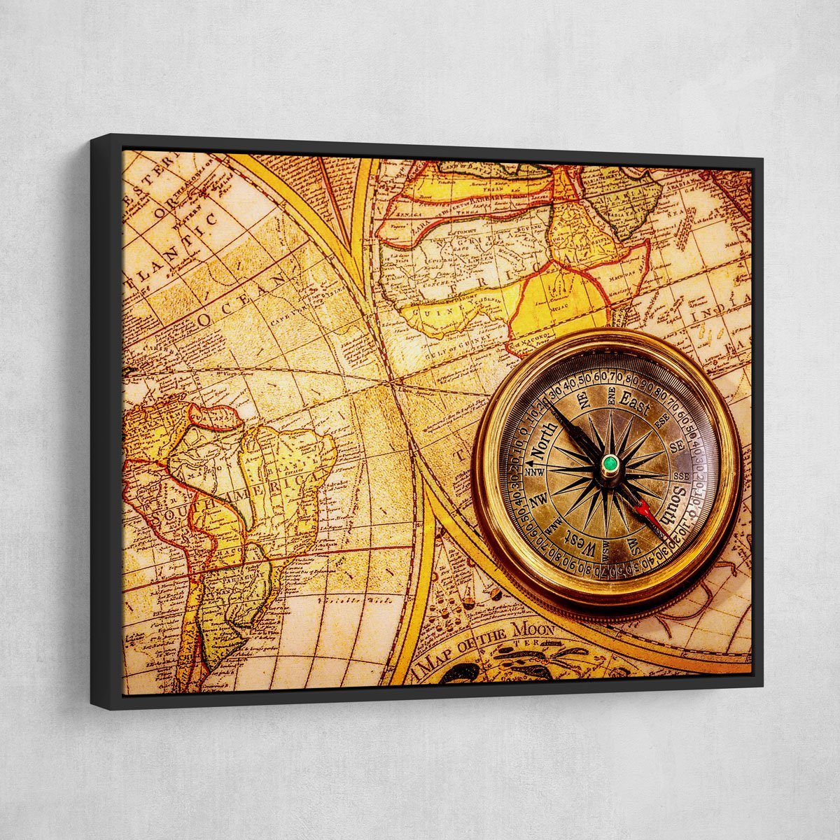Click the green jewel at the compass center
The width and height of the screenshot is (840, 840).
click(x=610, y=463)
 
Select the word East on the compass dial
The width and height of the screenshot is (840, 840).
click(x=634, y=407)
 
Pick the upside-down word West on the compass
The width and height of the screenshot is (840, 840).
click(x=580, y=541)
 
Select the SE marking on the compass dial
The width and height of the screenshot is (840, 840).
click(x=676, y=446)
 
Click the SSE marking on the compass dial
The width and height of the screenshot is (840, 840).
click(x=680, y=476)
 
